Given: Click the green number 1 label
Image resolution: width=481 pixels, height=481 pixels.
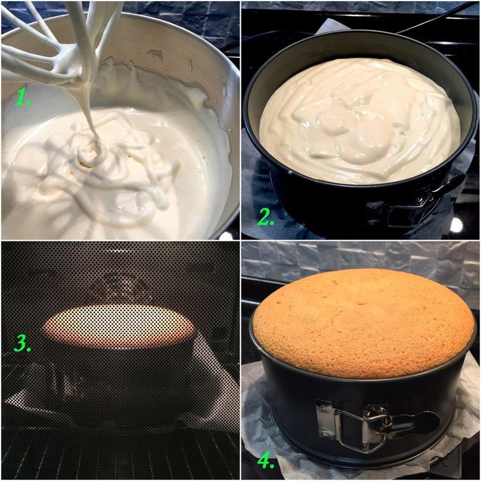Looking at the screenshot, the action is (x=22, y=97).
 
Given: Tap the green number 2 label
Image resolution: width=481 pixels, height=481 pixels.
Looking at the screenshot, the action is (x=265, y=217).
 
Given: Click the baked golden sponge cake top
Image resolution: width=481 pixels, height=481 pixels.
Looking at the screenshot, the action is (x=364, y=322).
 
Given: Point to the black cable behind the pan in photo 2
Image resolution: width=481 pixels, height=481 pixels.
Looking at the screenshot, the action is (x=436, y=18).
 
